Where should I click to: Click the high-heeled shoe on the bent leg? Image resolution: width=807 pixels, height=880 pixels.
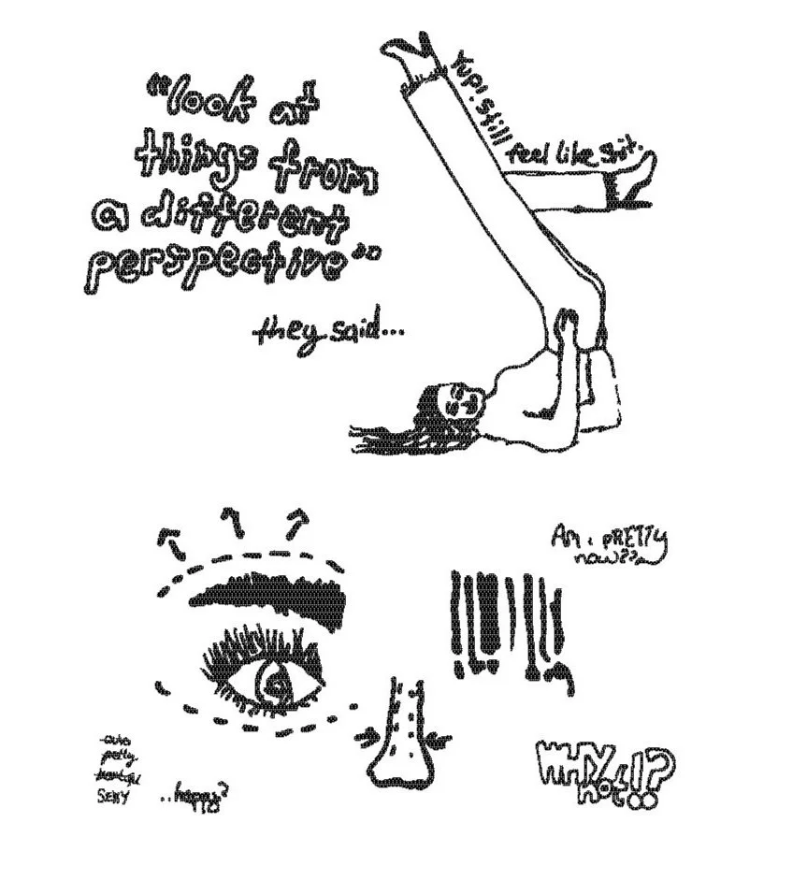coord(633,178)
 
